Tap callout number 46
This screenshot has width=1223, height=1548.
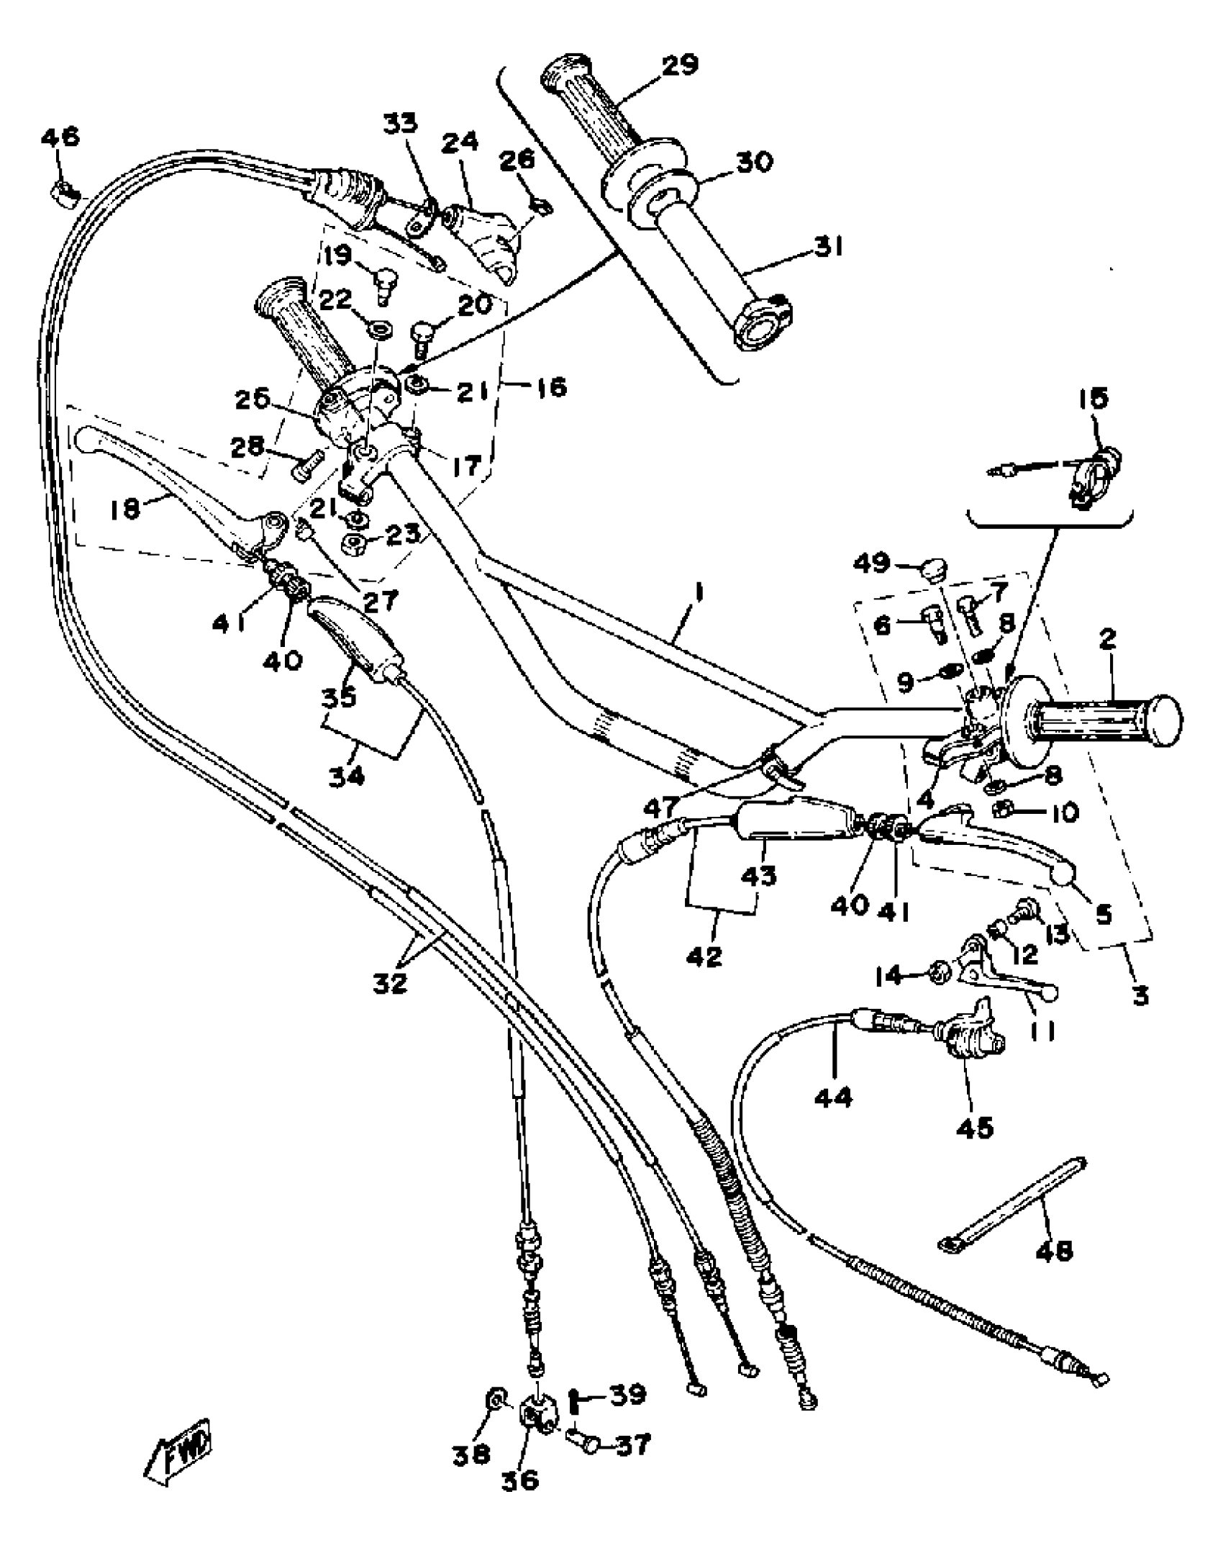60,137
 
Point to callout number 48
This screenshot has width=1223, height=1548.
1055,1250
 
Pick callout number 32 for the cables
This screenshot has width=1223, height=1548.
390,982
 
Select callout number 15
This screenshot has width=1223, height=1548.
1094,398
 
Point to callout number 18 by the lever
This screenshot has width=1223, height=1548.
125,510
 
